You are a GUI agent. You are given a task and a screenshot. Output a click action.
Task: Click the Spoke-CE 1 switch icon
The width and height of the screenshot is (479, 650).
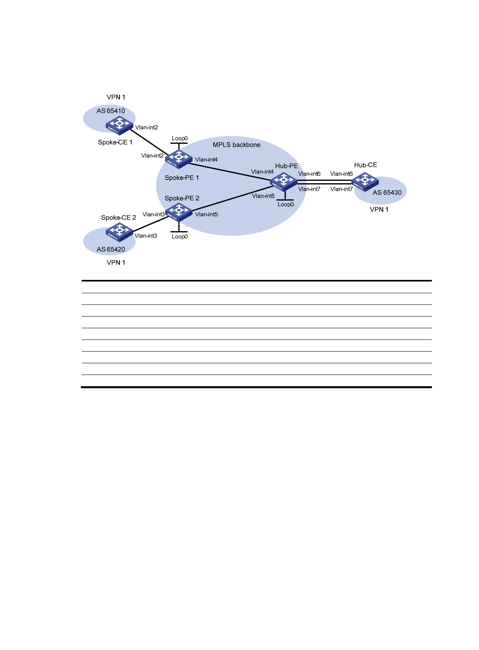(119, 125)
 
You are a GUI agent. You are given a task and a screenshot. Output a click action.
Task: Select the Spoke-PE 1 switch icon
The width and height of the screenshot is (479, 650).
(178, 159)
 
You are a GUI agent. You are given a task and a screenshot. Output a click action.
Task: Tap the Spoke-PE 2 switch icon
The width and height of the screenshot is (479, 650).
(178, 212)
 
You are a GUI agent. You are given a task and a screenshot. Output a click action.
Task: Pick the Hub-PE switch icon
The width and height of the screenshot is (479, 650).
(283, 181)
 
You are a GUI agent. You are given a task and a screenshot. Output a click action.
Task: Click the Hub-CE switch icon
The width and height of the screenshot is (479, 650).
(365, 181)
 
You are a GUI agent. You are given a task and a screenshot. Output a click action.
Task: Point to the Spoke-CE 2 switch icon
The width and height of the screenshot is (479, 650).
(119, 232)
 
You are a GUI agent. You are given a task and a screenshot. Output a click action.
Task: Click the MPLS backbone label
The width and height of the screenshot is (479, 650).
(236, 145)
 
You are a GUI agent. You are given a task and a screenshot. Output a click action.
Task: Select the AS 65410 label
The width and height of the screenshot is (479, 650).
(111, 111)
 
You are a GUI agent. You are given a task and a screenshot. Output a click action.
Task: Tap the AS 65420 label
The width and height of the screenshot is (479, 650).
(111, 249)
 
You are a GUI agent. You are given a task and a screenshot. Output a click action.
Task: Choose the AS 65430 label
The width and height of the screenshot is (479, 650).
(387, 193)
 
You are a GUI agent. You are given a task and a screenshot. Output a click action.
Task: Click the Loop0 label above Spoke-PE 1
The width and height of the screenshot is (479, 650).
(180, 138)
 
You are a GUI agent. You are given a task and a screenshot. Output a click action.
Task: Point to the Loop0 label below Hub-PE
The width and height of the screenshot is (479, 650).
(285, 204)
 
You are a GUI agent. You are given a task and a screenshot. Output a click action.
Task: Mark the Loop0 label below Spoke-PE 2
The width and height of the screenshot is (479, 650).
(180, 236)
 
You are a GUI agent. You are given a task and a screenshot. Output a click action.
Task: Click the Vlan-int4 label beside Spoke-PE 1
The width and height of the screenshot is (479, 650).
(206, 159)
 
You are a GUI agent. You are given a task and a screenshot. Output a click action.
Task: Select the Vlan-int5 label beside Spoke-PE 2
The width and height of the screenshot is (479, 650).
(206, 214)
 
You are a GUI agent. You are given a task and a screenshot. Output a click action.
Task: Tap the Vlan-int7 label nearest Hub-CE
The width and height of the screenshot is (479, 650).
(341, 189)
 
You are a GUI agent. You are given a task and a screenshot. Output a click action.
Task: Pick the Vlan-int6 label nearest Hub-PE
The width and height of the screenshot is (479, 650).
(309, 174)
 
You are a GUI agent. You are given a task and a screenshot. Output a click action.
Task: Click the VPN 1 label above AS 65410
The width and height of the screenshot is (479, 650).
(116, 97)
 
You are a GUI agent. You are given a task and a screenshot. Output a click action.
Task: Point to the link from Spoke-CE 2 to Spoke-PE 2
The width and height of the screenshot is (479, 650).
(149, 224)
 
